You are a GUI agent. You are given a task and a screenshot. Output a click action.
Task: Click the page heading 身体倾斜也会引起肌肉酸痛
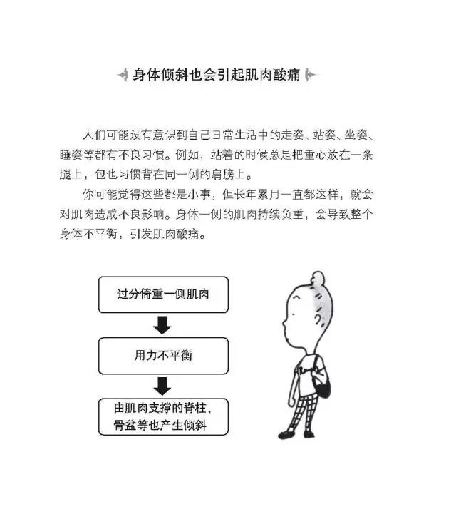pyautogui.click(x=216, y=75)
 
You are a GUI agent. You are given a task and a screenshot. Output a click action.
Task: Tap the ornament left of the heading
pyautogui.click(x=123, y=75)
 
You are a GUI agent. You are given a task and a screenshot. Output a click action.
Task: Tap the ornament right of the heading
pyautogui.click(x=310, y=75)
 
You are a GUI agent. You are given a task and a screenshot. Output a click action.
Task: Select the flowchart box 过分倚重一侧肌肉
pyautogui.click(x=163, y=294)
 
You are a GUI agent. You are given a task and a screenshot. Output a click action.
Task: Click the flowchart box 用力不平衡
pyautogui.click(x=163, y=356)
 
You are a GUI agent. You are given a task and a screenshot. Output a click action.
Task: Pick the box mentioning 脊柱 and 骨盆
pyautogui.click(x=163, y=416)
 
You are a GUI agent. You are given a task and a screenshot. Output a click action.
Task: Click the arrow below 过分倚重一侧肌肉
pyautogui.click(x=162, y=325)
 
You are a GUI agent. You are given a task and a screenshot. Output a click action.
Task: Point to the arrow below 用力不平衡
pyautogui.click(x=162, y=386)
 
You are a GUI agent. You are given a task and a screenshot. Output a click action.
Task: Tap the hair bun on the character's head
pyautogui.click(x=318, y=278)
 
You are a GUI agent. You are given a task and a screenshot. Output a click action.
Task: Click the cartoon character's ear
pyautogui.click(x=318, y=319)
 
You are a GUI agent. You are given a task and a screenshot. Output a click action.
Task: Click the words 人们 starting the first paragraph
pyautogui.click(x=94, y=135)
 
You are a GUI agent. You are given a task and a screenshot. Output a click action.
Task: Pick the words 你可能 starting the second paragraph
pyautogui.click(x=100, y=195)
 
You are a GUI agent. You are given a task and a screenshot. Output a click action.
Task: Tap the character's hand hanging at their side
pyautogui.click(x=291, y=401)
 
